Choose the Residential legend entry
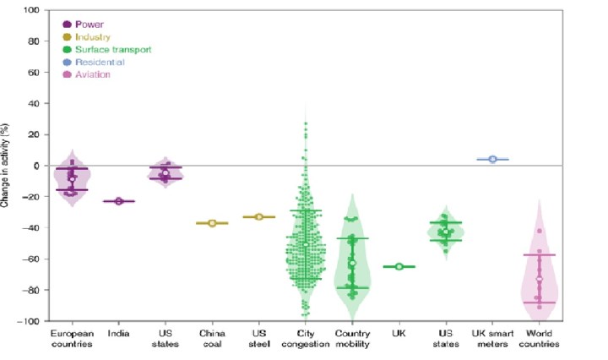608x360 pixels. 94,63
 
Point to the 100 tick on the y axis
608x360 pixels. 31,10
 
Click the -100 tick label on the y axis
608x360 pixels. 30,321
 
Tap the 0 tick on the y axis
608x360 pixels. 36,166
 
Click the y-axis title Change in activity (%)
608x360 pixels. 8,166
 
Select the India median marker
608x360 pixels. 119,201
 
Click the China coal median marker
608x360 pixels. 212,223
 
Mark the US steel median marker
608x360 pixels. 259,217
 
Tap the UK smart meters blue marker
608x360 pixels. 492,159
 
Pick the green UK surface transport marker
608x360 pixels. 399,266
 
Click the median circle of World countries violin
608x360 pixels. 540,279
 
